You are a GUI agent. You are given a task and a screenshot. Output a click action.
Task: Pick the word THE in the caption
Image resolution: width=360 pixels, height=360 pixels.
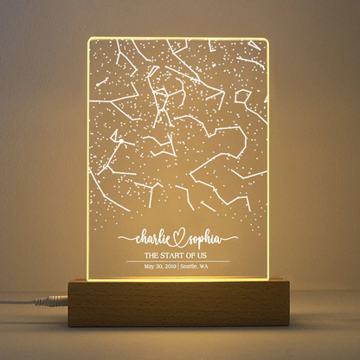tap(152, 255)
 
